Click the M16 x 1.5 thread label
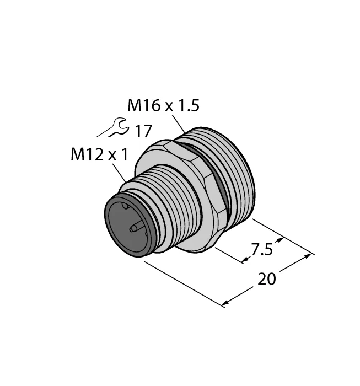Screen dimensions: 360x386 (x=163, y=105)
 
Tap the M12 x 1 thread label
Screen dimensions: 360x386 (x=99, y=155)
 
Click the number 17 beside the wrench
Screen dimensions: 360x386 (x=143, y=131)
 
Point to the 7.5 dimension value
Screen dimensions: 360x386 (x=261, y=249)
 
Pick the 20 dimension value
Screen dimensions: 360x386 (x=267, y=279)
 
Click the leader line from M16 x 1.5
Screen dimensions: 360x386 (x=179, y=124)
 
